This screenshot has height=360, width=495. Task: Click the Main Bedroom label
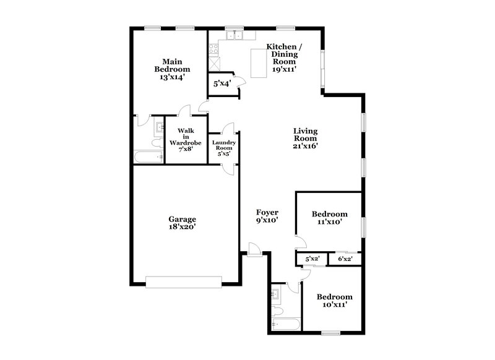pyautogui.click(x=172, y=69)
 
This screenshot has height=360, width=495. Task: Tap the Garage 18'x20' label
pyautogui.click(x=183, y=223)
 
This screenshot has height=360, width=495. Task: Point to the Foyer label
pyautogui.click(x=267, y=216)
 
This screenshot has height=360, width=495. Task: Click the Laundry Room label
pyautogui.click(x=223, y=148)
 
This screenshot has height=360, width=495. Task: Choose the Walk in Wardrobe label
pyautogui.click(x=186, y=140)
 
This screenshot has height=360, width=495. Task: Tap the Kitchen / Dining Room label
pyautogui.click(x=284, y=58)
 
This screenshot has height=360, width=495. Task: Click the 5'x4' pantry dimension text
pyautogui.click(x=222, y=83)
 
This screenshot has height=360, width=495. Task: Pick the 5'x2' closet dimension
pyautogui.click(x=312, y=259)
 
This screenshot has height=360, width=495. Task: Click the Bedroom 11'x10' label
pyautogui.click(x=330, y=218)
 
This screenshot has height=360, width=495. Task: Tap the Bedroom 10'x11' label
pyautogui.click(x=335, y=301)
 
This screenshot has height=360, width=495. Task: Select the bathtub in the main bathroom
pyautogui.click(x=148, y=158)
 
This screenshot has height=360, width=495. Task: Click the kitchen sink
pyautogui.click(x=234, y=36)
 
